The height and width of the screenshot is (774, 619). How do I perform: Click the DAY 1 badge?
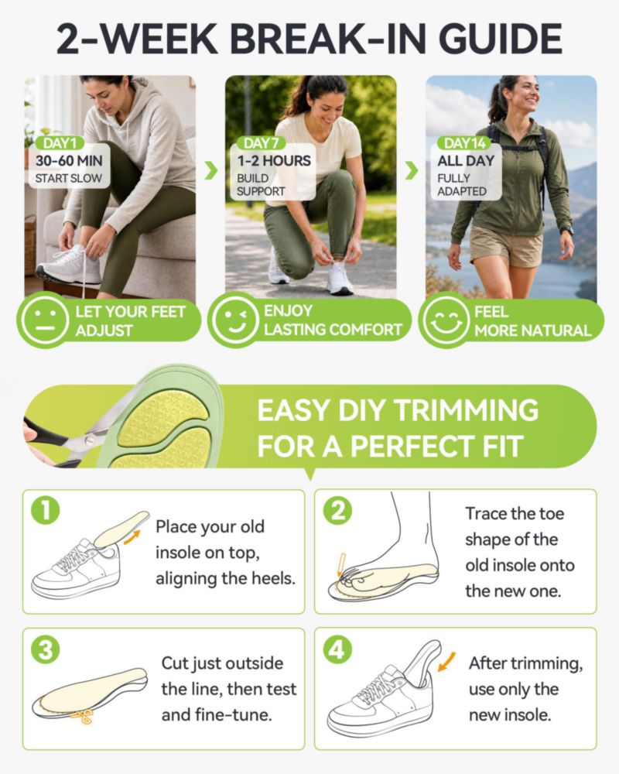[x=60, y=143]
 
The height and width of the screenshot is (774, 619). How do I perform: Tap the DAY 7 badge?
[x=261, y=143]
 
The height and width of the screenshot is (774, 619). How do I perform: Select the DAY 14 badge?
[x=464, y=143]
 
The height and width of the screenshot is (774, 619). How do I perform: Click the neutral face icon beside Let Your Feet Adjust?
[x=44, y=320]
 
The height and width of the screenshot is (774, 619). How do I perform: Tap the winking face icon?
[x=234, y=320]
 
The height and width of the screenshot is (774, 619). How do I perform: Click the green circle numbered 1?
[x=46, y=511]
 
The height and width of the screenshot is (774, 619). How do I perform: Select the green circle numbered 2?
[x=337, y=511]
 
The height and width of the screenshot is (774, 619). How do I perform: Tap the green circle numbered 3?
[x=46, y=649]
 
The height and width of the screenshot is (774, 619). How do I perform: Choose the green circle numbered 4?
[x=337, y=649]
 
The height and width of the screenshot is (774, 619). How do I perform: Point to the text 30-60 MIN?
[x=69, y=160]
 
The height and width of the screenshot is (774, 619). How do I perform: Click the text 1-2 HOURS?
[x=274, y=160]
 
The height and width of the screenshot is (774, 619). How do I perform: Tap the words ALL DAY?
[x=466, y=160]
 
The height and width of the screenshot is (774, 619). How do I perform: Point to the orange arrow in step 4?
[x=447, y=662]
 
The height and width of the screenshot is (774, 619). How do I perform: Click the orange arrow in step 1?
[x=132, y=537]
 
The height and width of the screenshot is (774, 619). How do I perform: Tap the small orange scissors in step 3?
[x=83, y=716]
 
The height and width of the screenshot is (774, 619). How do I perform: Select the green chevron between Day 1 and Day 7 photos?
[x=211, y=170]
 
